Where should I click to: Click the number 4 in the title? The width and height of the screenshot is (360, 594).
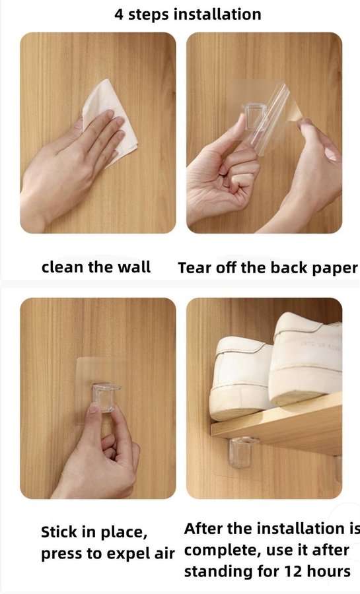(x=120, y=15)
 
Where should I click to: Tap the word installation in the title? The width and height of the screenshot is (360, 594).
(x=217, y=15)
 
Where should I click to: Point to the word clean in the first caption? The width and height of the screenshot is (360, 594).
(x=62, y=267)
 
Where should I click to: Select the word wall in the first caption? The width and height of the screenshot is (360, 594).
(x=134, y=267)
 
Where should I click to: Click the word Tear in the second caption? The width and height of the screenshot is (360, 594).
(x=194, y=268)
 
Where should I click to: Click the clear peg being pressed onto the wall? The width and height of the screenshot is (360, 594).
(x=105, y=397)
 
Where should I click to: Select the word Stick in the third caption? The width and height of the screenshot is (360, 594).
(x=58, y=532)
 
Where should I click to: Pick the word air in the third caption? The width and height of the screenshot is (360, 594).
(x=164, y=554)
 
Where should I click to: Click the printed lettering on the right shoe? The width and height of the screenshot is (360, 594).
(x=320, y=345)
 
